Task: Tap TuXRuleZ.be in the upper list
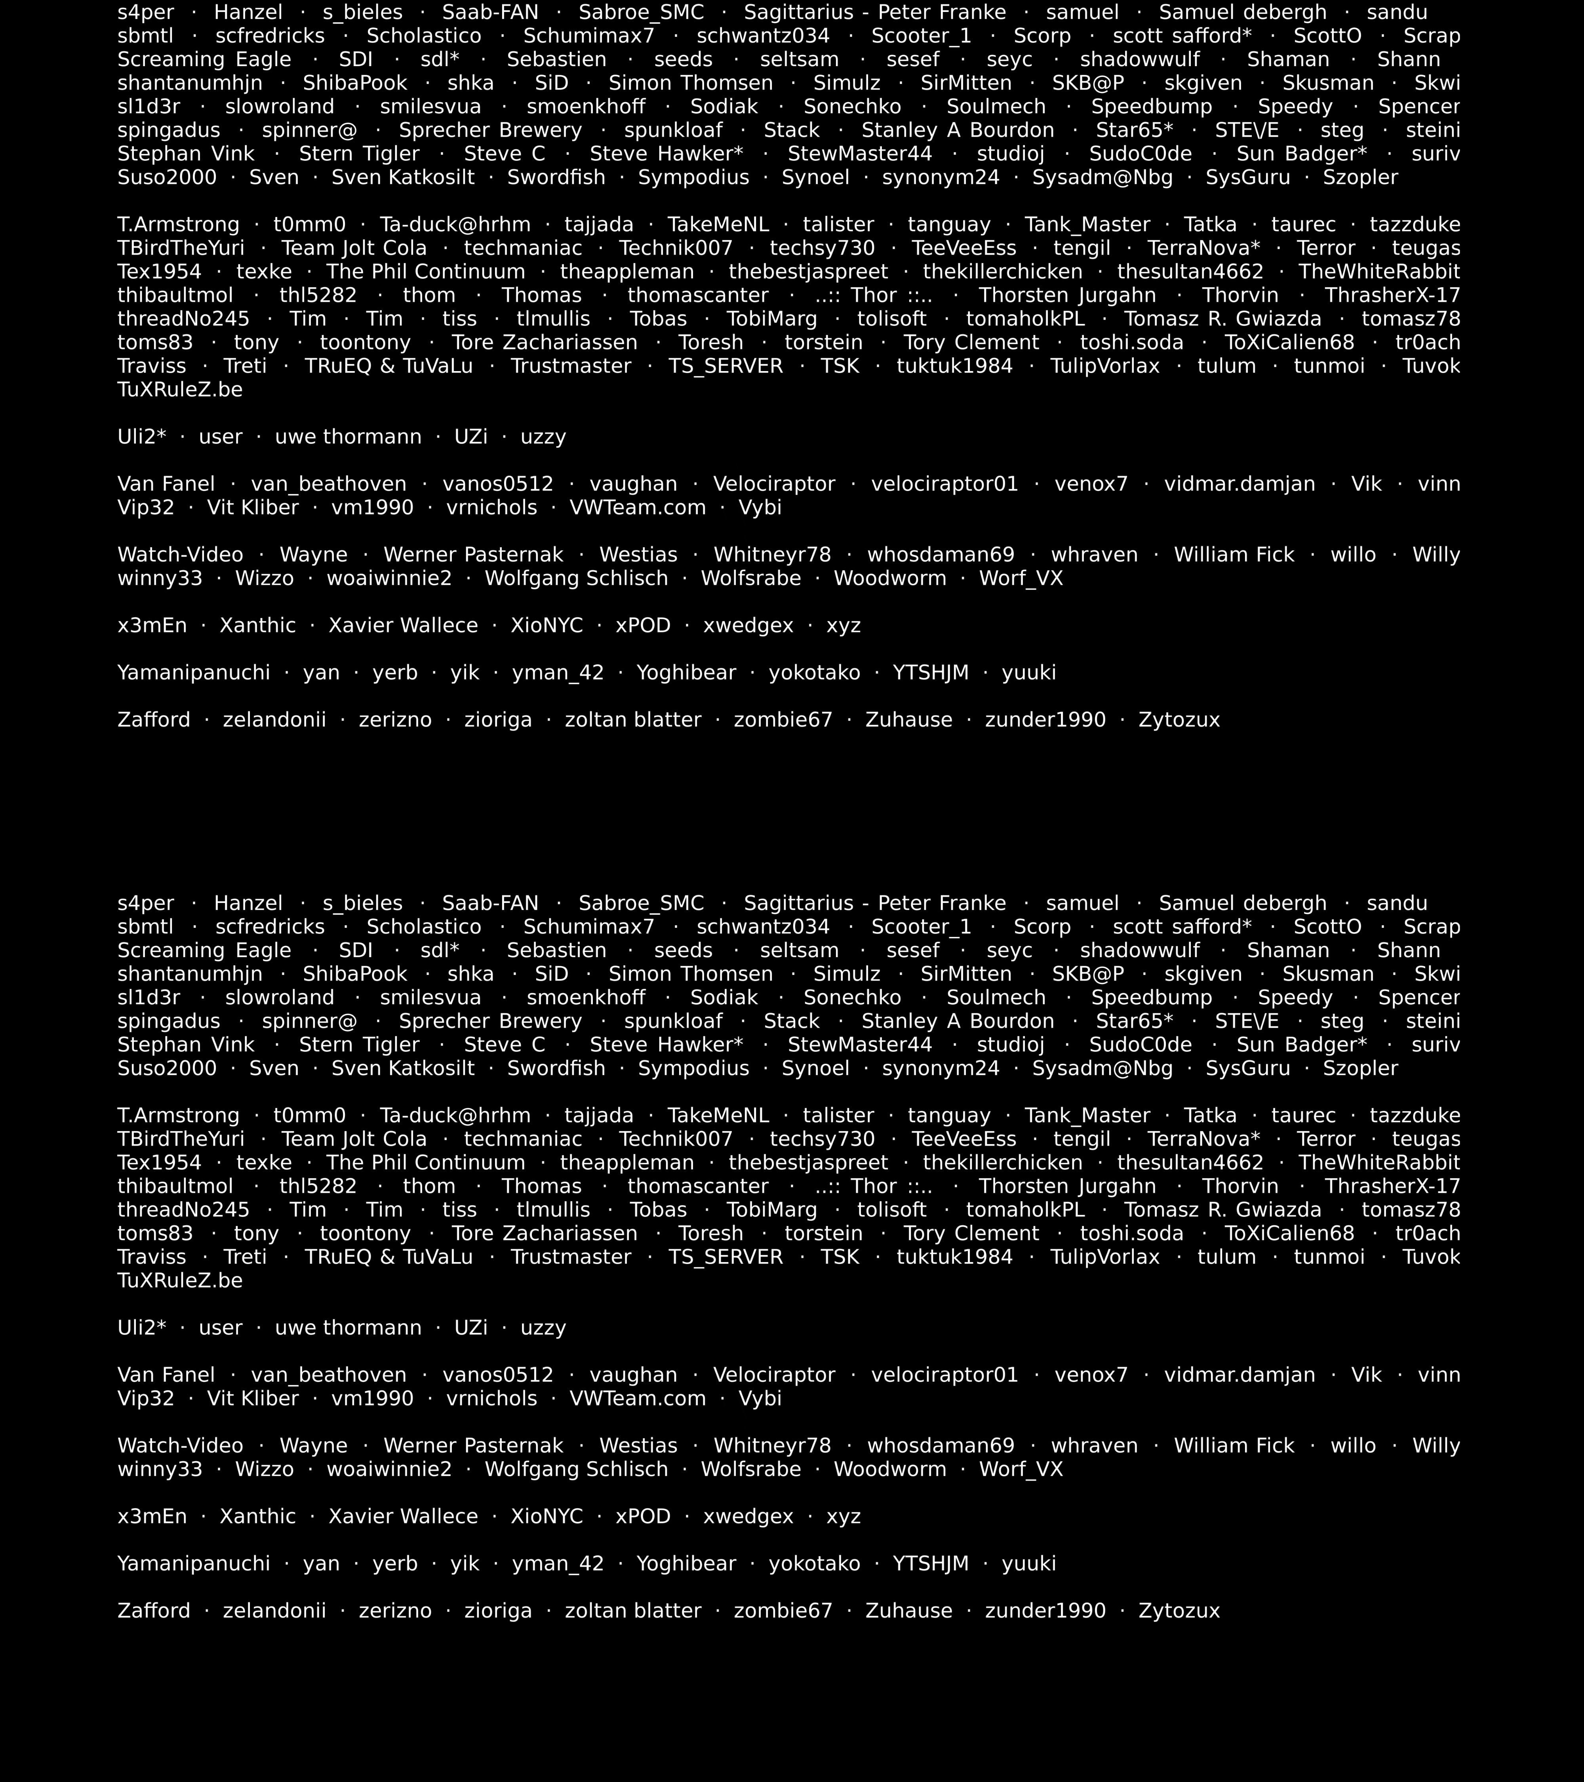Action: pos(179,390)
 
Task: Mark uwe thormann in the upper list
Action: pos(348,437)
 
